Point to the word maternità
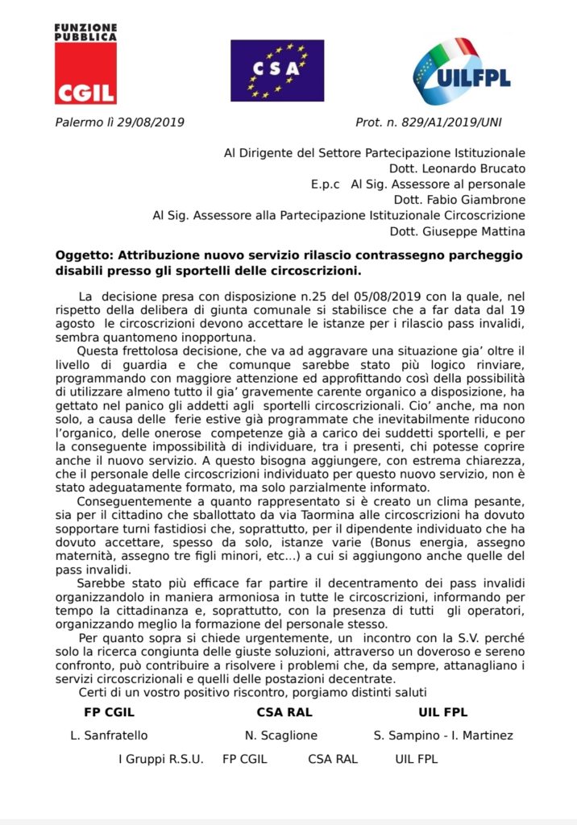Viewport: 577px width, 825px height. pyautogui.click(x=87, y=557)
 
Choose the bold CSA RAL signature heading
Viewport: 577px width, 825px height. pyautogui.click(x=284, y=712)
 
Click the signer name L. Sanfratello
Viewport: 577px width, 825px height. pyautogui.click(x=110, y=736)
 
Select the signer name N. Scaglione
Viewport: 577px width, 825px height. pyautogui.click(x=281, y=736)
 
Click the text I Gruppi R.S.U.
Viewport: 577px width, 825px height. pyautogui.click(x=161, y=759)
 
